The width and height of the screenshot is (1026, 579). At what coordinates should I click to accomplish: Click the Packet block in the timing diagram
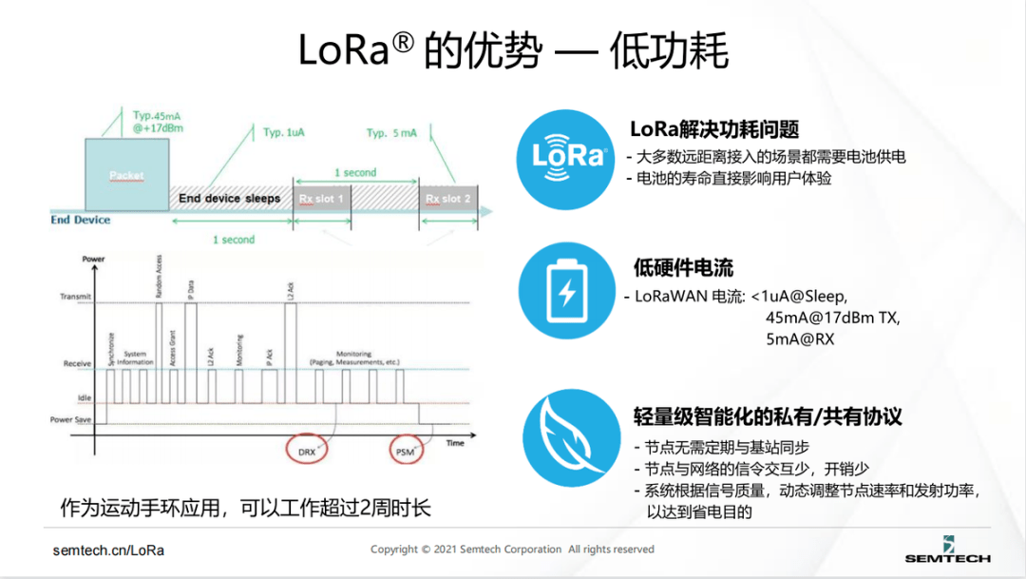coord(126,176)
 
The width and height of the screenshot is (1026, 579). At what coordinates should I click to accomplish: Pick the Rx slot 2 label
coord(447,199)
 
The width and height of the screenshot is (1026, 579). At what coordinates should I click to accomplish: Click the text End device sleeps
coord(230,199)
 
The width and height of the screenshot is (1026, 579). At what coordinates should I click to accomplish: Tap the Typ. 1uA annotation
coord(285,133)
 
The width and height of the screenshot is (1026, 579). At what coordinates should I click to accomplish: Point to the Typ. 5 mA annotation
coord(391,133)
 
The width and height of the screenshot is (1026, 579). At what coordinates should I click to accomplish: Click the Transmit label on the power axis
coord(75,297)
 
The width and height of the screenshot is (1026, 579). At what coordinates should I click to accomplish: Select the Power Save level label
coord(72,419)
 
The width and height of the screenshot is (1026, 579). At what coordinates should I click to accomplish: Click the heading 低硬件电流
coord(683,268)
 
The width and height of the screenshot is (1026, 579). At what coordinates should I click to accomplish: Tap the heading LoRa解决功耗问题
coord(714,129)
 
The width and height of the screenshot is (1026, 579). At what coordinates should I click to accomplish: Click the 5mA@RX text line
coord(799,338)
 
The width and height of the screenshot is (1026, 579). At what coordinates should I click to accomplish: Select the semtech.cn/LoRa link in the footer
coord(108,550)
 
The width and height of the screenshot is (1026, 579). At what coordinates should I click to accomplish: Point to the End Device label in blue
coord(81,221)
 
